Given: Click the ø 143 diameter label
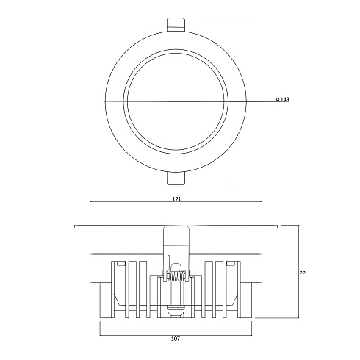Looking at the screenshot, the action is pyautogui.click(x=282, y=99).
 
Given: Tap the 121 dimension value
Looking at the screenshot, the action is pyautogui.click(x=176, y=199).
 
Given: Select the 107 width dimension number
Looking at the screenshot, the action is pyautogui.click(x=176, y=339).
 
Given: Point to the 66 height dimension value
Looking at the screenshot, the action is pyautogui.click(x=303, y=272).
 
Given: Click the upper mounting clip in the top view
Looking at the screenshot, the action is pyautogui.click(x=176, y=24).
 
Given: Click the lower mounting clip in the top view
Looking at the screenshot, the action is pyautogui.click(x=176, y=178).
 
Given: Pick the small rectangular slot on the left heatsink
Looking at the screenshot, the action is pyautogui.click(x=121, y=263).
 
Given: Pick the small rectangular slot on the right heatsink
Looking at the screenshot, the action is pyautogui.click(x=231, y=263).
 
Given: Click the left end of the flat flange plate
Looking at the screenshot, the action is pyautogui.click(x=75, y=226).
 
